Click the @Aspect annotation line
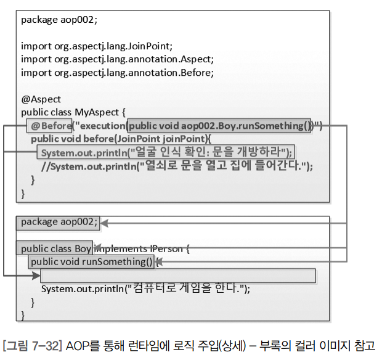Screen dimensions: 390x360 pos(41,99)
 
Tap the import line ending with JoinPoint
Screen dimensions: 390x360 pos(97,46)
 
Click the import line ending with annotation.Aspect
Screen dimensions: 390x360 pos(117,59)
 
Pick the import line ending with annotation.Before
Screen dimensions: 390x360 pos(117,72)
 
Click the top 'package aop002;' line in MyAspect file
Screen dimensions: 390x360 pos(59,19)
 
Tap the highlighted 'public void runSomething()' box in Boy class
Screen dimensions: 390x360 pos(92,262)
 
